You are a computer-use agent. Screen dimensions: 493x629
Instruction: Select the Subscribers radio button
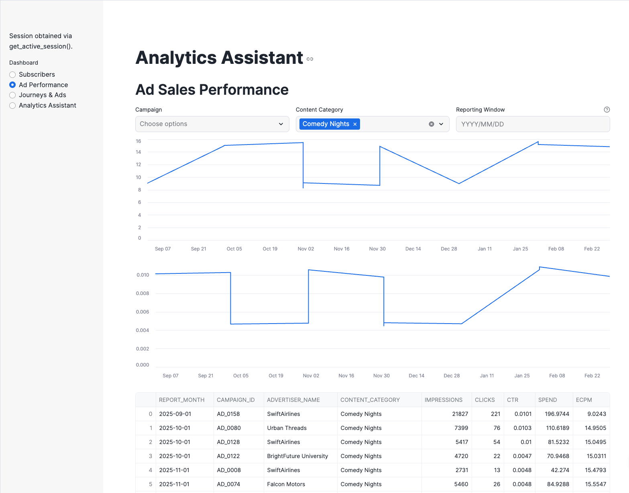12,75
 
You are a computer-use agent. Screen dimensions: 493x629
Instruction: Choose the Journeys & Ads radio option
12,95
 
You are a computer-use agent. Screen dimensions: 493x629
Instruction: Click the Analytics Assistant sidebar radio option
12,106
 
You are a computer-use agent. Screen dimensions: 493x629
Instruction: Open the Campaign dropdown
212,124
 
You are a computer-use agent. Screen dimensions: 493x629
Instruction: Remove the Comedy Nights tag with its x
355,124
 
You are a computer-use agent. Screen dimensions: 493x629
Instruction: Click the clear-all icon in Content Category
432,124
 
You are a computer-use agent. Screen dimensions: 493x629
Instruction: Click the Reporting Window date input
532,124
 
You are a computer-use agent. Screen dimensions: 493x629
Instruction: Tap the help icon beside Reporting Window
607,110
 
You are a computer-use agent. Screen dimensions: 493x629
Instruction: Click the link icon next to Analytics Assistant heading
310,59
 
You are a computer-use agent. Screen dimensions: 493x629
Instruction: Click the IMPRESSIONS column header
443,400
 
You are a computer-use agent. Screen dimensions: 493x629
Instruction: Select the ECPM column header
584,400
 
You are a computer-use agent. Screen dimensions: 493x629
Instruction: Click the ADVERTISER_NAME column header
293,400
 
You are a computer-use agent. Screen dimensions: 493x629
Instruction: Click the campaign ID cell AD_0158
228,414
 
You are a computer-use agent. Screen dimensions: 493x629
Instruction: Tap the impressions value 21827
460,414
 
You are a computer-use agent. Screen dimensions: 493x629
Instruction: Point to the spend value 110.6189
558,428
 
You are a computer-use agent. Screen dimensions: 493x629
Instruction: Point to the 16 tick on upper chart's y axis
138,141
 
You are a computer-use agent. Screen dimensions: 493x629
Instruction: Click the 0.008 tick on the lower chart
142,293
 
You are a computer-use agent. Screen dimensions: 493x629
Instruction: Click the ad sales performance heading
212,90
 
